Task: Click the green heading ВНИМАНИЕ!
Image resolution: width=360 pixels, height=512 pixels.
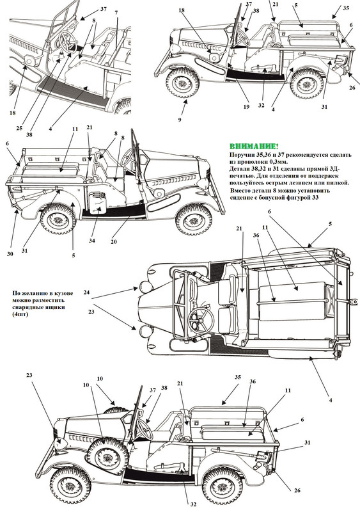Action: click(x=254, y=147)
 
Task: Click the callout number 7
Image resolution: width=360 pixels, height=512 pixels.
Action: click(x=116, y=13)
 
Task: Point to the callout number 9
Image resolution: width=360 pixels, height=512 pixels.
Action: click(x=180, y=120)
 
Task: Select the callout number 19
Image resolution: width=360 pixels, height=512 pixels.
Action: click(x=246, y=107)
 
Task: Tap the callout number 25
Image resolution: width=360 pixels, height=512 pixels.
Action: click(x=19, y=129)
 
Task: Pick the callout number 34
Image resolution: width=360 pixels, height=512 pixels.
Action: click(x=91, y=241)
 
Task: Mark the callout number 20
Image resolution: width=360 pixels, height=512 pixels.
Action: click(x=114, y=242)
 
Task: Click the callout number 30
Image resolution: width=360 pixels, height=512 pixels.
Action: click(x=10, y=253)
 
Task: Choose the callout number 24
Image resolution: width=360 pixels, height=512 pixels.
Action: click(x=86, y=292)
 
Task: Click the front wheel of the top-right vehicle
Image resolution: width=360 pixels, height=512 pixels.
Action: click(x=183, y=83)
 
